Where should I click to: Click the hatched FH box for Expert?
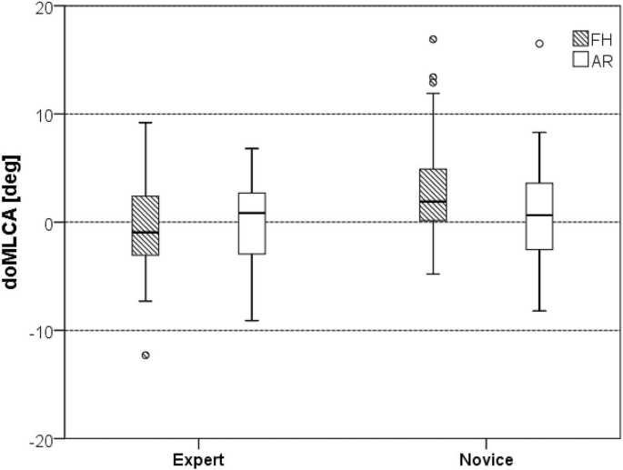(x=146, y=225)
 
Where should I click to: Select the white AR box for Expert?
(x=252, y=223)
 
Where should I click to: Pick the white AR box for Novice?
(x=539, y=215)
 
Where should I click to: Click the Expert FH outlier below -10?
(x=146, y=355)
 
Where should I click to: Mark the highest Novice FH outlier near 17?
(x=433, y=39)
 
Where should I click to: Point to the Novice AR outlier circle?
(x=539, y=44)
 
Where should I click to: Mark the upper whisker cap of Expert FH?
(x=146, y=123)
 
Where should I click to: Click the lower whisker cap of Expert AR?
(x=252, y=321)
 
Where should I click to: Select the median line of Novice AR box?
(x=539, y=215)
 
